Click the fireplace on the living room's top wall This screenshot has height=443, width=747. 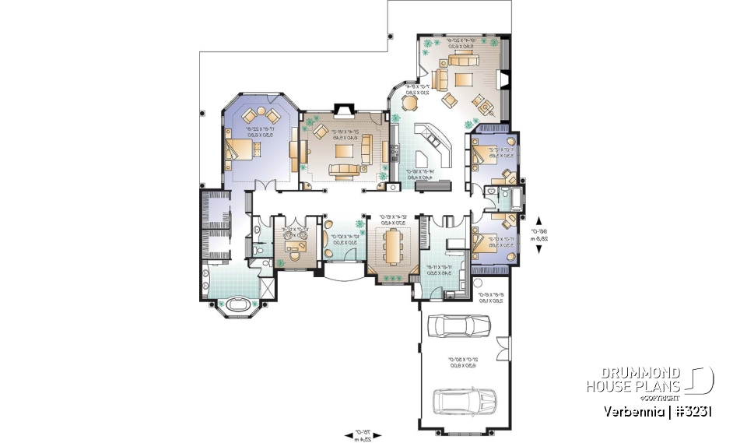[x=343, y=111]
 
